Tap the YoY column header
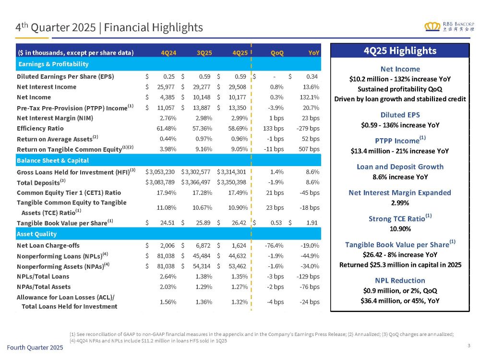(314, 52)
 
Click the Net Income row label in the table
(34, 97)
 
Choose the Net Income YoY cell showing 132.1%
(310, 97)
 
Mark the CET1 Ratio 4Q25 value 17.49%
(238, 192)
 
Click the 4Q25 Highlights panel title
(400, 51)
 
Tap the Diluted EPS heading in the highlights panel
(400, 115)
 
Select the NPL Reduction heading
(400, 280)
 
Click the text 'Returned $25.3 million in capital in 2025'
(400, 264)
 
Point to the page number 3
(468, 344)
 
